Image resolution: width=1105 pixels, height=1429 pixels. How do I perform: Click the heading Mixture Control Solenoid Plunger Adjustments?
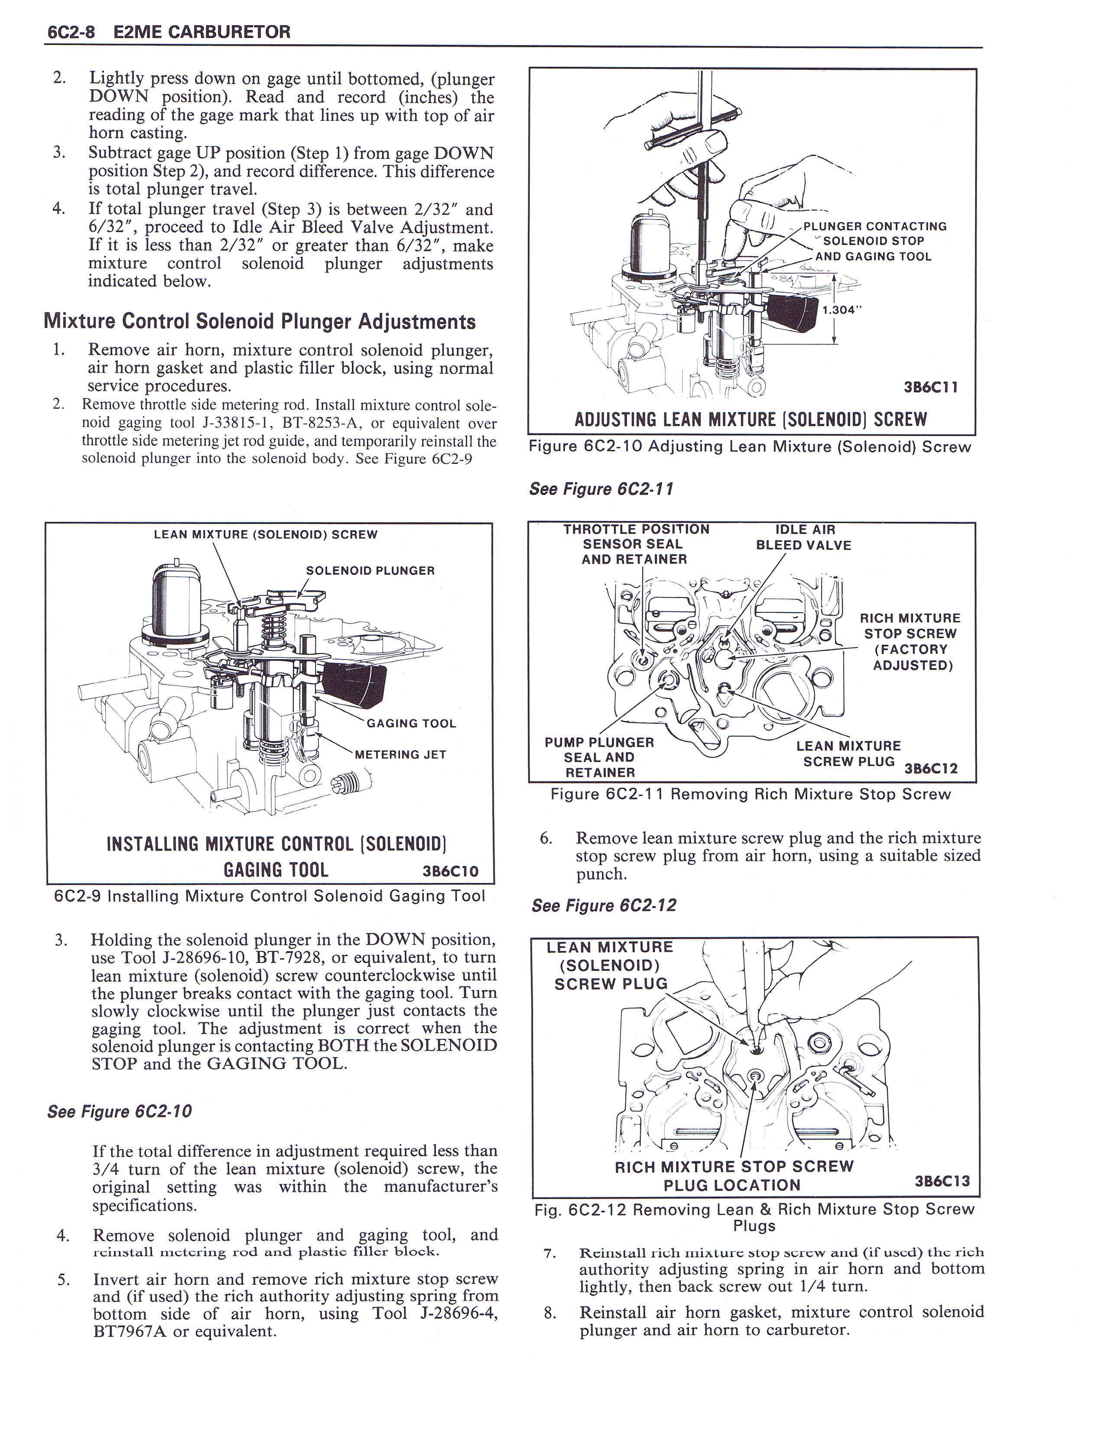click(x=259, y=321)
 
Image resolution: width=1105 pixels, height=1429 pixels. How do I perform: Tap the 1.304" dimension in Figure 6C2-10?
click(x=839, y=310)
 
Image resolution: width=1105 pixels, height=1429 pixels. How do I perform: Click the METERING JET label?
click(x=400, y=754)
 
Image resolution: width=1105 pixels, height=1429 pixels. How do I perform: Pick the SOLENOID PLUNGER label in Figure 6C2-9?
click(x=370, y=571)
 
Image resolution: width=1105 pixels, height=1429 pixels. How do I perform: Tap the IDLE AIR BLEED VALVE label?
click(x=803, y=537)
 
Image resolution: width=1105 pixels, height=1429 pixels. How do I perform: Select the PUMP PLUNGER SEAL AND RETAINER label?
click(x=599, y=757)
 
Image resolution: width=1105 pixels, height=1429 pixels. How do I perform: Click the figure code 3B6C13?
click(x=942, y=1181)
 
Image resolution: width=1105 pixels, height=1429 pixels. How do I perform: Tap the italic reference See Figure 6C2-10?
click(x=120, y=1112)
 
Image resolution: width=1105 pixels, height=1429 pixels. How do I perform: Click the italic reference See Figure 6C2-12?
click(x=604, y=905)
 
